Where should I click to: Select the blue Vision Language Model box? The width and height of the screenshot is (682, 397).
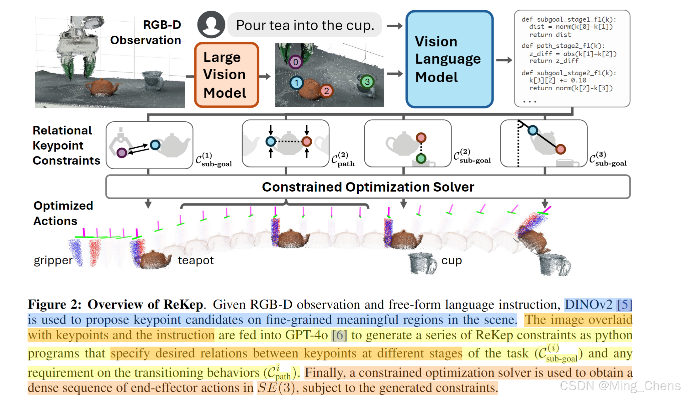(449, 59)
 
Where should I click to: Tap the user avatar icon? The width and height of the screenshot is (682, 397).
(211, 24)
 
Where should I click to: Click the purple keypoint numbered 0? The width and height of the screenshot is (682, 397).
(295, 62)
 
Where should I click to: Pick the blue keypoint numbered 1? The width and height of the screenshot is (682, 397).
(296, 83)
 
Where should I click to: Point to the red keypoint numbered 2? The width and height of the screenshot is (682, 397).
(326, 91)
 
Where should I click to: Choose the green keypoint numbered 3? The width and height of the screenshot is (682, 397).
(367, 82)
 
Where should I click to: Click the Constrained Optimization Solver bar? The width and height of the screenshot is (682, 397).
(368, 187)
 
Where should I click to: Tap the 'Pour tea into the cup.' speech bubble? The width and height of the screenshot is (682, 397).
(305, 25)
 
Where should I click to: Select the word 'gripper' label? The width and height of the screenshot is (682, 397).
(53, 260)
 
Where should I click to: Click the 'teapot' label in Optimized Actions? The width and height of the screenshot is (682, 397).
(196, 260)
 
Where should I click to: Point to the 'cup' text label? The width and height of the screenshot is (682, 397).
(452, 260)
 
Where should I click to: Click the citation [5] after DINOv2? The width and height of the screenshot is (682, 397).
(624, 304)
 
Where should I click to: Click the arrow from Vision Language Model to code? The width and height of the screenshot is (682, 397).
(504, 60)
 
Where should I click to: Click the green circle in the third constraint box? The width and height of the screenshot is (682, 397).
(421, 159)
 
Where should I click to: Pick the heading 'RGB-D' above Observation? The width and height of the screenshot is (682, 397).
(162, 25)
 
